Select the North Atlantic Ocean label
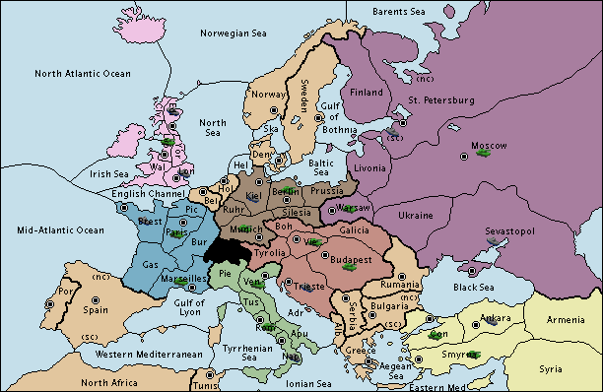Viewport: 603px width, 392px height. (82, 74)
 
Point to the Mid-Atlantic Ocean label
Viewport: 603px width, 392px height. (60, 229)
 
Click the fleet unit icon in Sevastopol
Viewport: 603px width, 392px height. (492, 238)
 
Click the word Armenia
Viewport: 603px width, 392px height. (566, 320)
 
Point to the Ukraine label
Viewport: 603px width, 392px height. (415, 215)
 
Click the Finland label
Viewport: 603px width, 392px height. (367, 93)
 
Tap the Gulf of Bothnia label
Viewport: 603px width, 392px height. (333, 124)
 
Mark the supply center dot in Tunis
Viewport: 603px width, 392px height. (218, 378)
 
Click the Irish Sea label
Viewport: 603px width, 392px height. (109, 174)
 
